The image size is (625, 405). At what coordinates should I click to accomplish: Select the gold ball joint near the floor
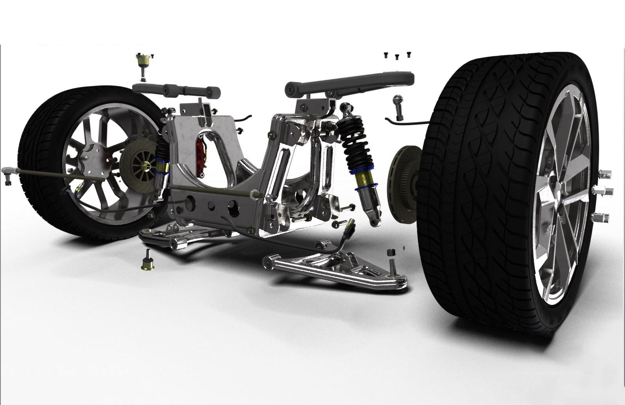click(x=148, y=262)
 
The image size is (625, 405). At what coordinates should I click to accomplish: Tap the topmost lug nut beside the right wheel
click(x=605, y=174)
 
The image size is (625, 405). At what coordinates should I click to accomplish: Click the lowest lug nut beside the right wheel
click(x=602, y=217)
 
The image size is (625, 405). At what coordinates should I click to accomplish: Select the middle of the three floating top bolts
click(x=397, y=57)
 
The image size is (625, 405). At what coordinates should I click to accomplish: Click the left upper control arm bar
click(x=176, y=91)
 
